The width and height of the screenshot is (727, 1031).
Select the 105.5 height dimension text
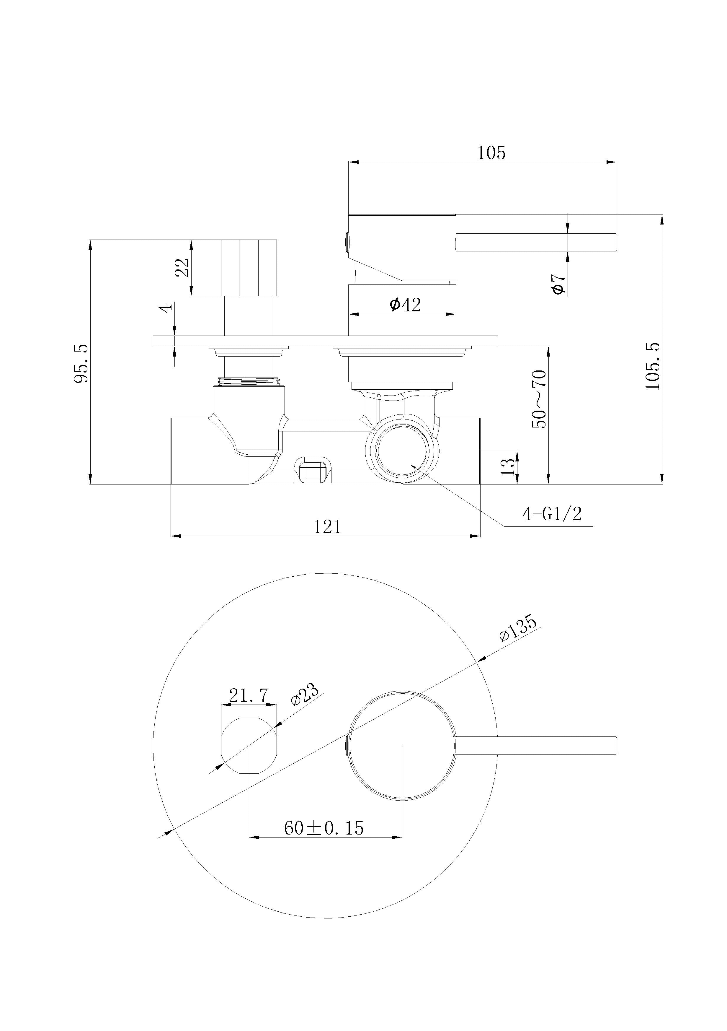[x=653, y=366]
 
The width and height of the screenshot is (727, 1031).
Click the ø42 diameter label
[x=405, y=305]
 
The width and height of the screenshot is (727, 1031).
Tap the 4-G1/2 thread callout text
[x=552, y=513]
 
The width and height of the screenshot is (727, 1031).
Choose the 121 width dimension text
[x=327, y=527]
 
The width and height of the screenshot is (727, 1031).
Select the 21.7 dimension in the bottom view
[x=248, y=696]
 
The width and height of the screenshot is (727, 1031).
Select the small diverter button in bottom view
[x=249, y=745]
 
